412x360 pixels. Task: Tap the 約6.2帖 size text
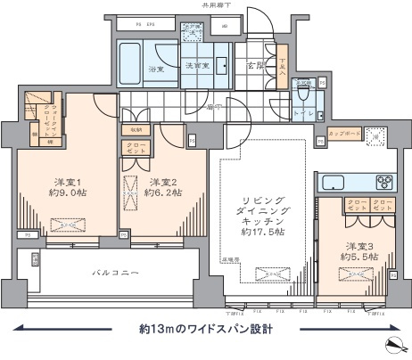coord(164,192)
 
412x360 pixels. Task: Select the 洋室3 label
coord(360,246)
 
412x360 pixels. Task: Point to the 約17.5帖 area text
coord(265,232)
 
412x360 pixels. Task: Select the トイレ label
coord(302,113)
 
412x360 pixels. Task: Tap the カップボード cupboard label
coord(343,134)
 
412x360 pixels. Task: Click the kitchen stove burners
coord(387,183)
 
